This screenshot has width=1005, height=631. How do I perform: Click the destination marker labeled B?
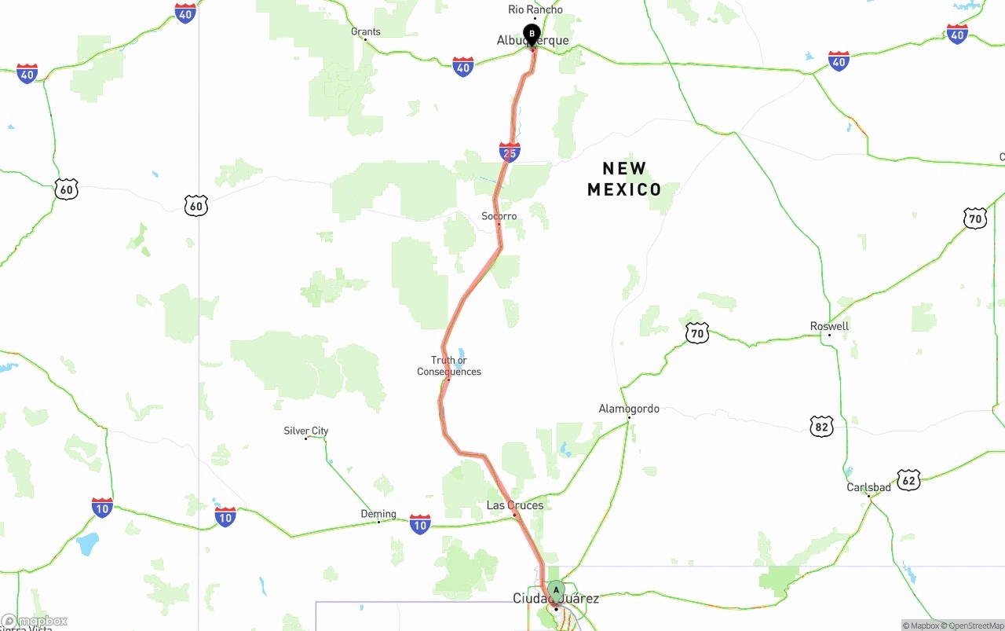click(x=532, y=34)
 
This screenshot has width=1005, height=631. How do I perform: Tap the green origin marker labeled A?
click(x=556, y=589)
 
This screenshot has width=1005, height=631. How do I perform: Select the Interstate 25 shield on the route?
click(x=510, y=152)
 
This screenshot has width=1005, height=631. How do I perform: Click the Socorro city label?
click(x=499, y=216)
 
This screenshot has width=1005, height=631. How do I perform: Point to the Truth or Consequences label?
click(x=449, y=366)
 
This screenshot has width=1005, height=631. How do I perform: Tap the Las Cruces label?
click(x=515, y=505)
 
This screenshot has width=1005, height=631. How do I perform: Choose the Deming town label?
click(x=378, y=514)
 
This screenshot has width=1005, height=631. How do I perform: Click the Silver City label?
click(x=306, y=431)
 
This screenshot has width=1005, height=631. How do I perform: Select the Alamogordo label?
click(x=629, y=409)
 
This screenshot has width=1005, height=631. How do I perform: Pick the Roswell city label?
click(x=830, y=326)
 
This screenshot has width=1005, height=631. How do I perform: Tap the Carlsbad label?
click(x=868, y=487)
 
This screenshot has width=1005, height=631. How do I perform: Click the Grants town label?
click(x=366, y=32)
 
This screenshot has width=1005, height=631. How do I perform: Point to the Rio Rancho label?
click(x=535, y=9)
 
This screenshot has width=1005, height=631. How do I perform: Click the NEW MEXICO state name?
click(x=625, y=179)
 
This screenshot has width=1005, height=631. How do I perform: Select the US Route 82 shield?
click(x=821, y=427)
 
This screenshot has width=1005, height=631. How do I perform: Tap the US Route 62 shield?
click(x=908, y=479)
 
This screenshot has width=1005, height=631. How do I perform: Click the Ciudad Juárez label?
click(x=556, y=599)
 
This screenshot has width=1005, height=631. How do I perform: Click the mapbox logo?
click(x=35, y=622)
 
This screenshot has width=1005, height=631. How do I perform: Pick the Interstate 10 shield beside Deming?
click(x=420, y=524)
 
